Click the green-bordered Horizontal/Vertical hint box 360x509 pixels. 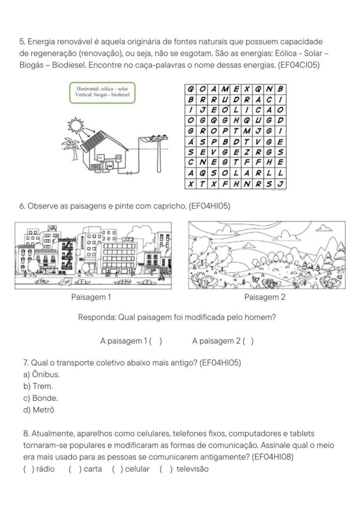(102, 92)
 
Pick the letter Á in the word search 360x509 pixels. (190, 142)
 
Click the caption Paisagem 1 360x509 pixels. (91, 297)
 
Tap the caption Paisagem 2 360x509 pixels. (265, 297)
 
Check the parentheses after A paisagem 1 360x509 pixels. (155, 341)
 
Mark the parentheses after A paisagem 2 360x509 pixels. (249, 341)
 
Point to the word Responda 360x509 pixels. (97, 318)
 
